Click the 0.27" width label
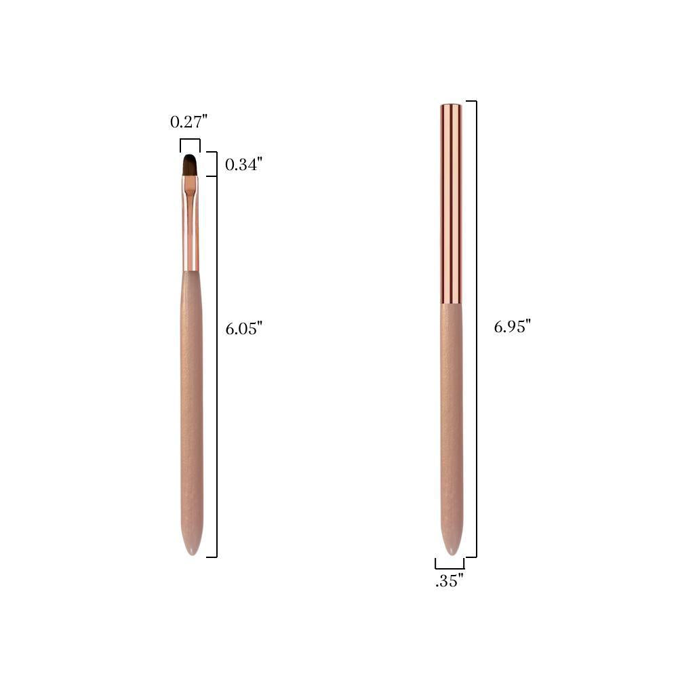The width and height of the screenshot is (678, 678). [189, 122]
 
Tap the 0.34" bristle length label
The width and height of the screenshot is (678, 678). [243, 164]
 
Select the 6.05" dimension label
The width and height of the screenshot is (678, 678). [244, 329]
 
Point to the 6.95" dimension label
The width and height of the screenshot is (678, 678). [513, 327]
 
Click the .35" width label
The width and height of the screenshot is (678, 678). [450, 581]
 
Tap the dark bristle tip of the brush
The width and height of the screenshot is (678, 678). [191, 164]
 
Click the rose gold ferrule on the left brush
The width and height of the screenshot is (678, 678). [191, 223]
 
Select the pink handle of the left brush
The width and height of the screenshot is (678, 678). [192, 411]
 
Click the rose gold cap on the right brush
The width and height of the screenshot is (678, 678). [451, 204]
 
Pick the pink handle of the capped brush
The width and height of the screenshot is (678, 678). [452, 428]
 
